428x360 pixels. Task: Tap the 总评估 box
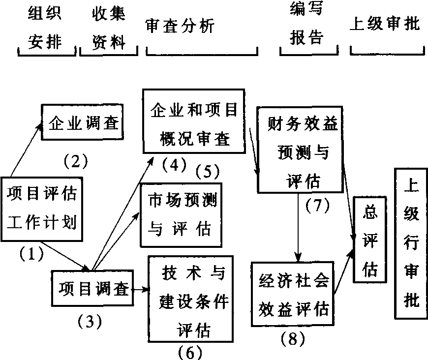click(x=369, y=240)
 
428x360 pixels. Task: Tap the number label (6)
click(x=188, y=352)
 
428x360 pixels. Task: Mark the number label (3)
click(x=90, y=322)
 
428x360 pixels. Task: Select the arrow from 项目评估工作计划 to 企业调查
click(x=25, y=150)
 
